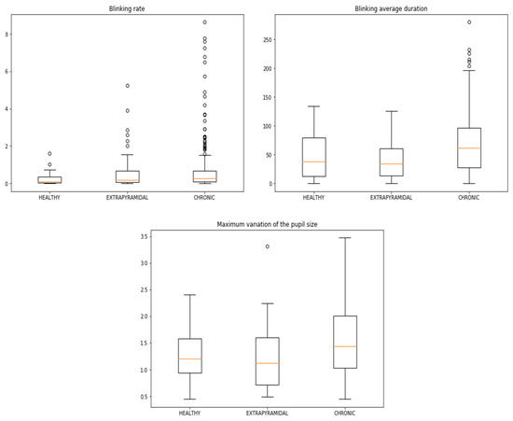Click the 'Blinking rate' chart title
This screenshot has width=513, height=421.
click(x=127, y=8)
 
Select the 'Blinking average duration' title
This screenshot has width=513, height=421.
click(x=391, y=8)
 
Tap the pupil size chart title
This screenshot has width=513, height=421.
click(x=267, y=224)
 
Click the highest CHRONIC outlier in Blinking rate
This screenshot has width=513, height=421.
click(x=205, y=22)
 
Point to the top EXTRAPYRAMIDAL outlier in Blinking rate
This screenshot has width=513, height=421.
click(x=128, y=86)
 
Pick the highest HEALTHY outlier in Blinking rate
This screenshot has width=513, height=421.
click(x=49, y=153)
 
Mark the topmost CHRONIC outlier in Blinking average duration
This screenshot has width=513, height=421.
click(x=469, y=22)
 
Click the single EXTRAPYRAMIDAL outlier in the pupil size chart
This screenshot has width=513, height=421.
click(x=268, y=246)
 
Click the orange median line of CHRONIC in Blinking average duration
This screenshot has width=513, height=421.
click(x=469, y=148)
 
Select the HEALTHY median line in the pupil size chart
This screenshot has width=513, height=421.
click(x=189, y=359)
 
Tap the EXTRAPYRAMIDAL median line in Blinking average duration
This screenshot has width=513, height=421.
click(x=392, y=163)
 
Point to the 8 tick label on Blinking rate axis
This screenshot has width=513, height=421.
click(x=7, y=34)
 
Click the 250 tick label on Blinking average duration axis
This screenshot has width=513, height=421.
click(x=267, y=40)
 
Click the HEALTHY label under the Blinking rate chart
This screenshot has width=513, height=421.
click(x=49, y=198)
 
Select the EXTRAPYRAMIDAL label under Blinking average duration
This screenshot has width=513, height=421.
click(x=391, y=198)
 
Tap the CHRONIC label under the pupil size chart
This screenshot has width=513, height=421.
click(x=344, y=414)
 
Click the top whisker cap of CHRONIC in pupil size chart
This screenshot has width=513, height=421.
click(x=345, y=238)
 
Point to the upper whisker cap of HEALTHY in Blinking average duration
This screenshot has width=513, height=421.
click(x=313, y=106)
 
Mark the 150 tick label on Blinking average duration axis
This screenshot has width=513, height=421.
click(x=267, y=97)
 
